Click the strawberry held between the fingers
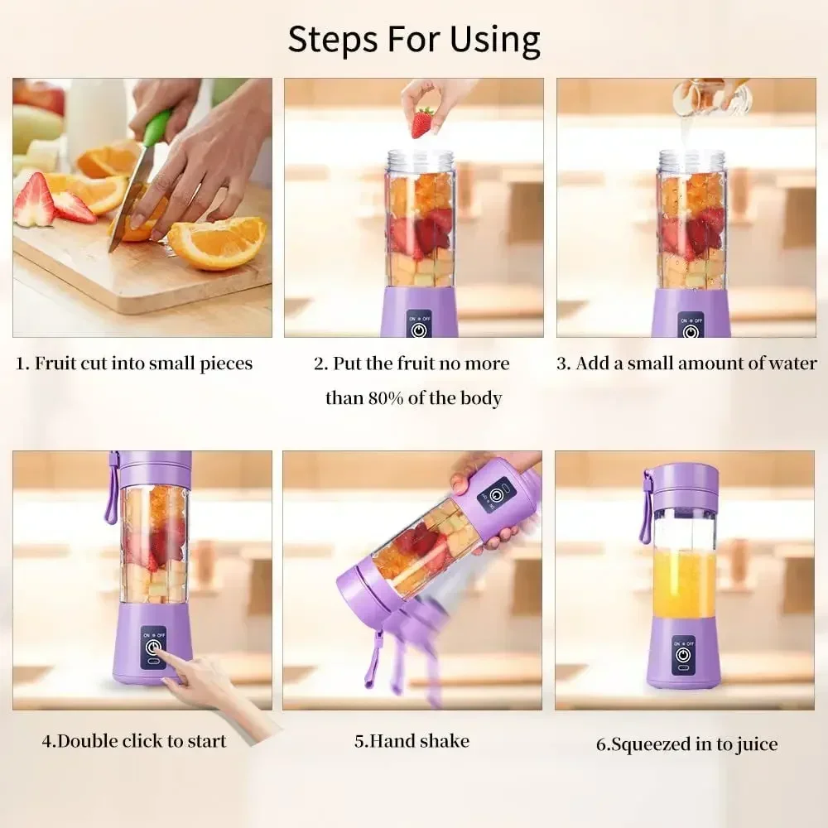point(422,123)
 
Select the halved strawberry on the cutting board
point(34,201)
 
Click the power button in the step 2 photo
point(419,330)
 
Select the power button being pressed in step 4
point(152,650)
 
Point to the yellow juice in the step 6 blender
point(684,584)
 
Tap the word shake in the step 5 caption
point(445,741)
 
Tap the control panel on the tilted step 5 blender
point(496,495)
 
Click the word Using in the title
point(495,40)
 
